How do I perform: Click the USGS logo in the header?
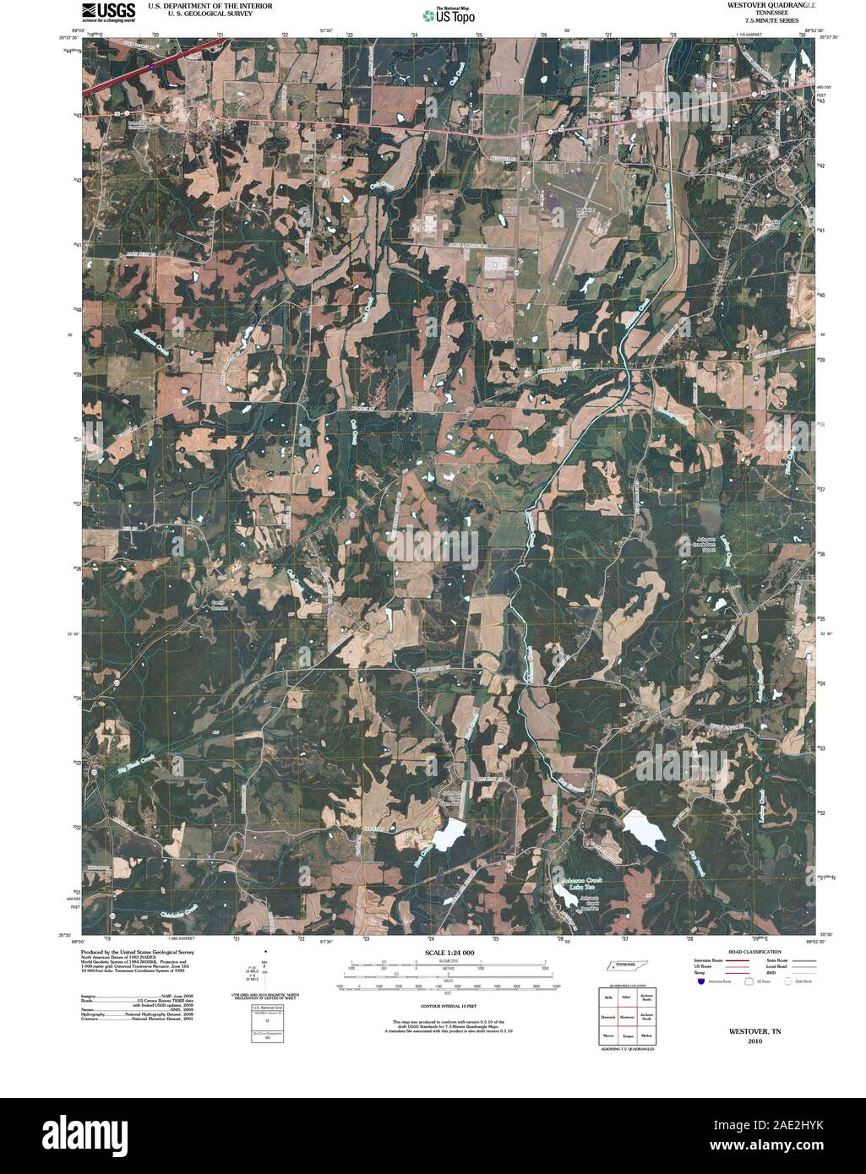pyautogui.click(x=109, y=11)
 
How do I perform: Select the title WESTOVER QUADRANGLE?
pyautogui.click(x=755, y=5)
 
